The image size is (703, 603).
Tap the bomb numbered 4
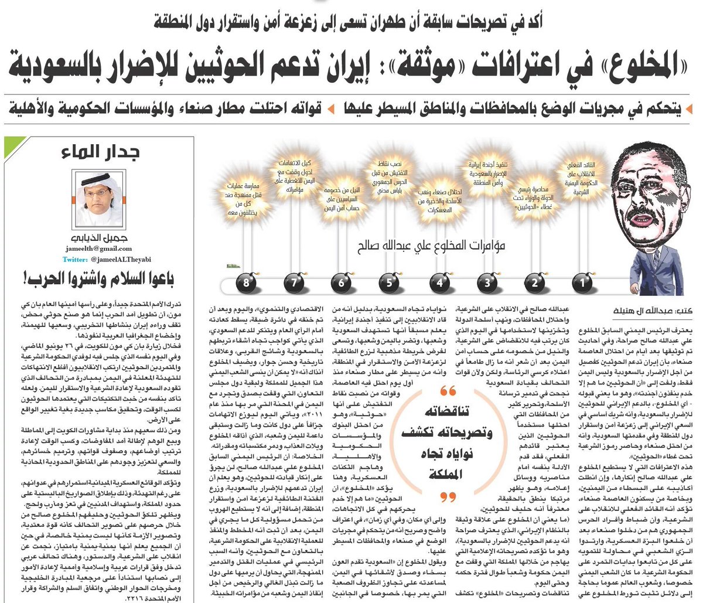pyautogui.click(x=439, y=284)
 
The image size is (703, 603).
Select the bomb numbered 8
pyautogui.click(x=247, y=284)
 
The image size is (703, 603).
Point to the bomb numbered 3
pyautogui.click(x=487, y=284)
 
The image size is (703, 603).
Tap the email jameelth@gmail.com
pyautogui.click(x=98, y=248)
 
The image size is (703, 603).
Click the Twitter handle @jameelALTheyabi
pyautogui.click(x=98, y=258)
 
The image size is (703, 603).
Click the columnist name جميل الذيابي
pyautogui.click(x=98, y=238)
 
